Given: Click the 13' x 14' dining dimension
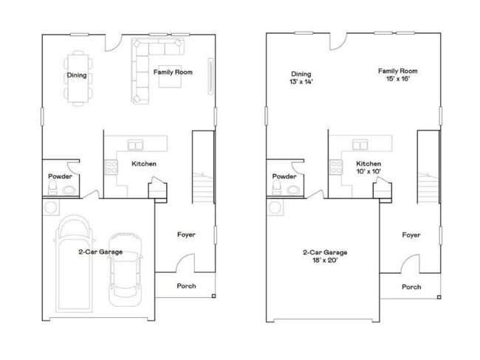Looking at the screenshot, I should (302, 83).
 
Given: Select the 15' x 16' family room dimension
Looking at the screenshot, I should (397, 79).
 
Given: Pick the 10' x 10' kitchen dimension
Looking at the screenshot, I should (368, 172).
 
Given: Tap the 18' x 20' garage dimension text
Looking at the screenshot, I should (325, 260).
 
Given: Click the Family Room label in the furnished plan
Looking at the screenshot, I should (173, 72).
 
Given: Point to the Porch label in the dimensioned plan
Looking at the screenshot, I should (411, 286).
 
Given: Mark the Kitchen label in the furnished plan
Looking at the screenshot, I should (143, 163).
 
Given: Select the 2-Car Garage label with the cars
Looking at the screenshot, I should (100, 252).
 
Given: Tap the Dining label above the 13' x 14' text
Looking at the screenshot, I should (301, 75).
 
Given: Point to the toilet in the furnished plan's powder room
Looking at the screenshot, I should (51, 190).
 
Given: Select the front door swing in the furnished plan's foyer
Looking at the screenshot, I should (185, 262).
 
